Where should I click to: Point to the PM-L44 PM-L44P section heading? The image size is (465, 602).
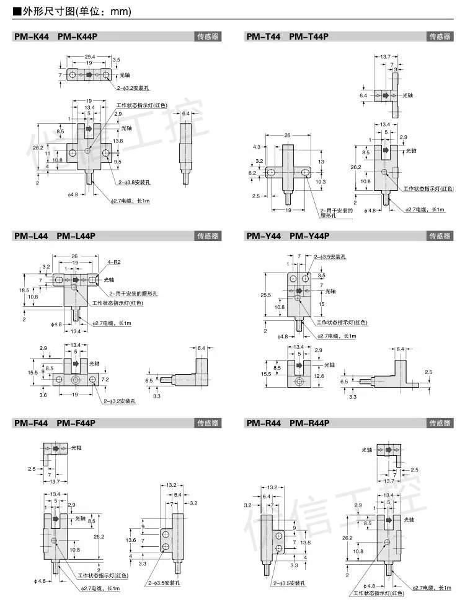pos(55,235)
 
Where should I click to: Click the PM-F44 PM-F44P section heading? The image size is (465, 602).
pos(55,424)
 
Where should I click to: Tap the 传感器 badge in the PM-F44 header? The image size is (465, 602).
pos(208,424)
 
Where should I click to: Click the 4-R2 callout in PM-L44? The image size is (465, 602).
pos(113,262)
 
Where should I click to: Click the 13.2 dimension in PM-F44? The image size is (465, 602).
pos(172,484)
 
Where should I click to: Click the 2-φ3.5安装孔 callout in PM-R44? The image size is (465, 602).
pos(290,583)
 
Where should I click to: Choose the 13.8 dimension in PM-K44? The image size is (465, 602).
pos(118,141)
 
